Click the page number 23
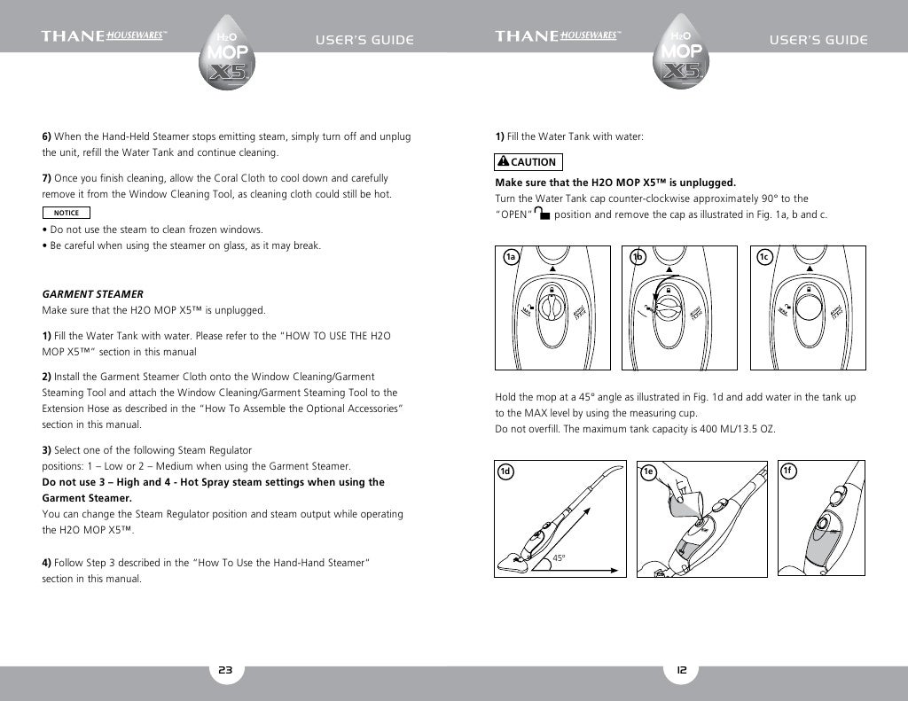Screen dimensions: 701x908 click(225, 671)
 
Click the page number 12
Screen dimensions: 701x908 click(681, 671)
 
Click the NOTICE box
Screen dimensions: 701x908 click(67, 213)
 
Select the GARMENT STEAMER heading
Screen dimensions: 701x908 click(93, 293)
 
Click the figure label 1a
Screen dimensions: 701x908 click(511, 257)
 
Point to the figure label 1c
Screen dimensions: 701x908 click(764, 257)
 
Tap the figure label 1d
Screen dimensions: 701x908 click(505, 471)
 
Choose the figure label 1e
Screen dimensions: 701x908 click(649, 471)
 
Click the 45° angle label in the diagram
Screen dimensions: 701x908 click(559, 558)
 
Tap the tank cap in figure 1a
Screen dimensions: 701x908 click(551, 308)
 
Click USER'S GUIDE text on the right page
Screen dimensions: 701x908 click(818, 40)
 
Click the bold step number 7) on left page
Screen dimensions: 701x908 click(48, 178)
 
